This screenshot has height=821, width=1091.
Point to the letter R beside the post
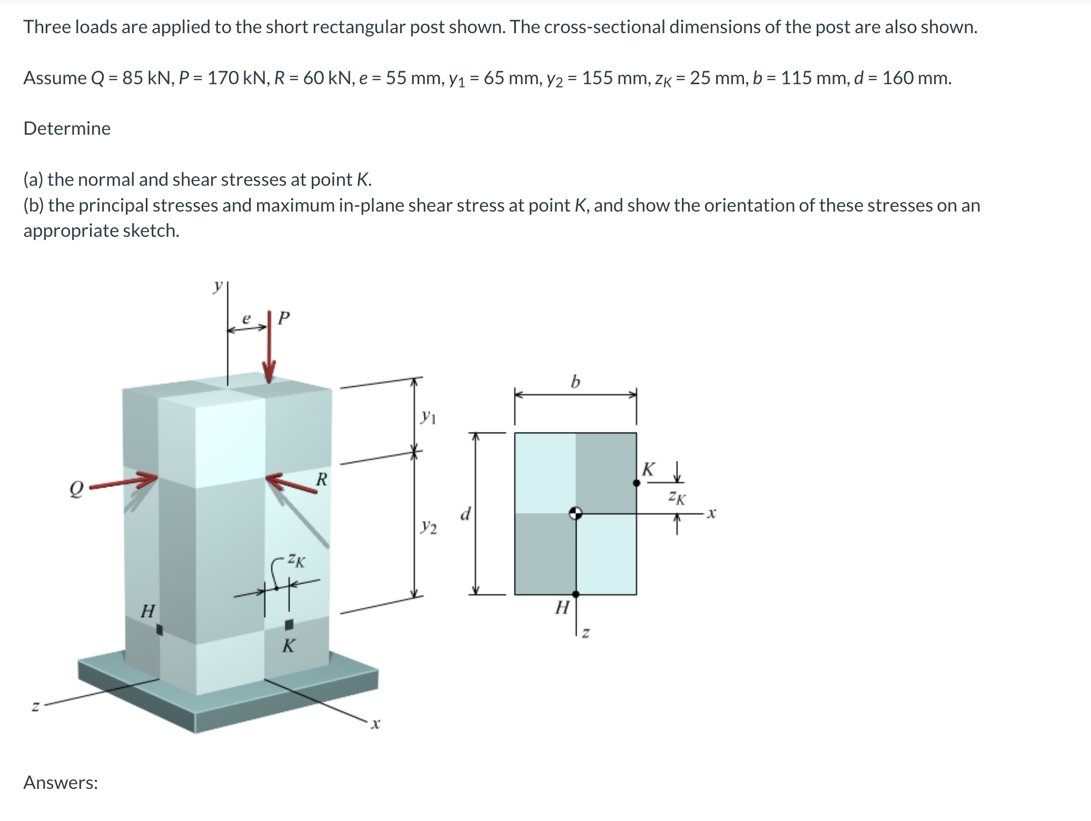coord(321,479)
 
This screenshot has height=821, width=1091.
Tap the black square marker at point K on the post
coord(289,625)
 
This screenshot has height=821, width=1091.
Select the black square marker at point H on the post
coord(160,629)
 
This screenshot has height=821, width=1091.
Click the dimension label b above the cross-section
coord(575,381)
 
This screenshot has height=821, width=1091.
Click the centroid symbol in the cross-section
coord(576,513)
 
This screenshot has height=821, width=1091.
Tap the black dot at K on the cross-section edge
coord(636,483)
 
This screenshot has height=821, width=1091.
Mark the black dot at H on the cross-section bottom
coord(576,594)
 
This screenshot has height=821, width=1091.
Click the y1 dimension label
coord(428,418)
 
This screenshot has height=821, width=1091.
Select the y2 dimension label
coord(429,526)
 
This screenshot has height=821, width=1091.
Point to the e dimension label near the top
coord(245,318)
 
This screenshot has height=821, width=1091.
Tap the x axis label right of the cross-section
coord(711,513)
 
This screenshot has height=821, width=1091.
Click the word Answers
coord(61,783)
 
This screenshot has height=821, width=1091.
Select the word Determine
coord(67,128)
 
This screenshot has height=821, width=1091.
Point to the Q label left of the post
coord(77,491)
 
